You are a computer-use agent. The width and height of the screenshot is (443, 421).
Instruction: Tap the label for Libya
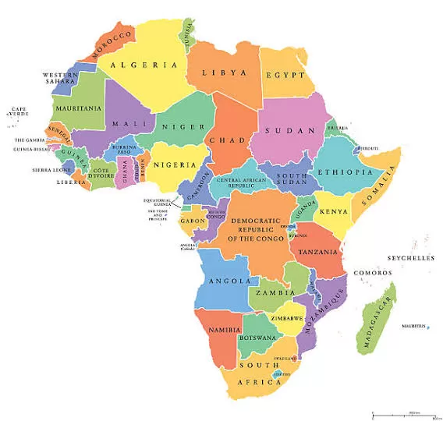225,73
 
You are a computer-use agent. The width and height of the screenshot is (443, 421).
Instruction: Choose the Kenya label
334,211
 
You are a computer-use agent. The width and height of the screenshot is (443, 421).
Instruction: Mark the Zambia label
271,293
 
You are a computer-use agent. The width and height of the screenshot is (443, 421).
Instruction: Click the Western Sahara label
60,79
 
